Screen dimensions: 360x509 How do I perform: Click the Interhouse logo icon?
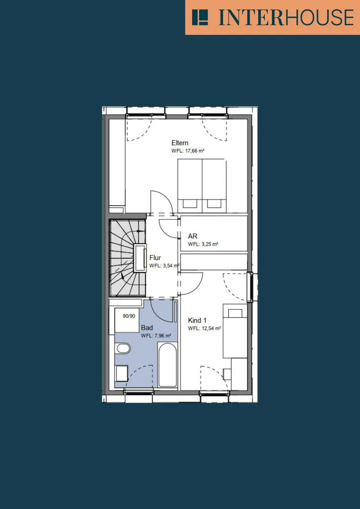pyautogui.click(x=200, y=17)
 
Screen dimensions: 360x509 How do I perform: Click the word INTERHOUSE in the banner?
pyautogui.click(x=286, y=17)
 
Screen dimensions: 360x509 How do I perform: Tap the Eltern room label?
pyautogui.click(x=180, y=143)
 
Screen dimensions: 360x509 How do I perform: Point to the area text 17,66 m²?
pyautogui.click(x=195, y=151)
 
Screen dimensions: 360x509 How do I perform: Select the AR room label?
pyautogui.click(x=192, y=236)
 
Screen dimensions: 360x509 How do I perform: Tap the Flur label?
pyautogui.click(x=155, y=258)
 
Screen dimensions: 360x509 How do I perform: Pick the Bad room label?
pyautogui.click(x=147, y=328)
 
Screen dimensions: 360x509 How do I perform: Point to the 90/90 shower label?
pyautogui.click(x=129, y=316)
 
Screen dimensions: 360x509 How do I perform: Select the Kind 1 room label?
pyautogui.click(x=197, y=320)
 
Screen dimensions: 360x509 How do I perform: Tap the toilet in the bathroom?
pyautogui.click(x=123, y=349)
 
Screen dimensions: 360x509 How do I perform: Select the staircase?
pyautogui.click(x=128, y=258)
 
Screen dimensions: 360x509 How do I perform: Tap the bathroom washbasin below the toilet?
pyautogui.click(x=122, y=373)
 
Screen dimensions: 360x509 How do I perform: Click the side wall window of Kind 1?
pyautogui.click(x=251, y=288)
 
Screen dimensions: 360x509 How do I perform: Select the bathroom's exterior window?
pyautogui.click(x=139, y=392)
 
